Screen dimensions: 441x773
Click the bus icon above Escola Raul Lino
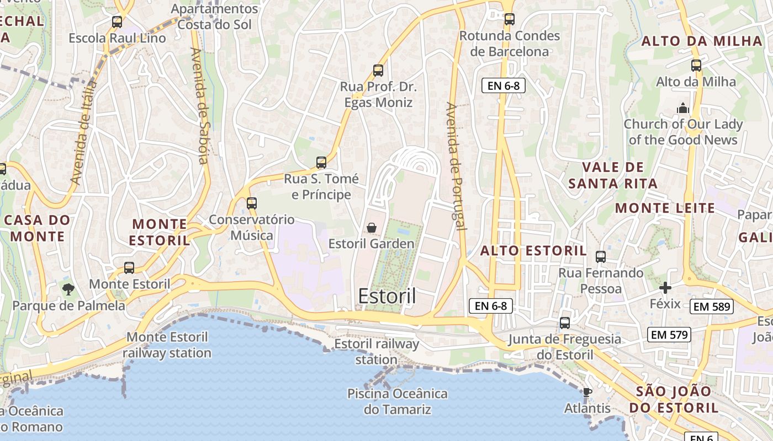(117, 22)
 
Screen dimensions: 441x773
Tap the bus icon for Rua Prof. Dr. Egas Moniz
(378, 71)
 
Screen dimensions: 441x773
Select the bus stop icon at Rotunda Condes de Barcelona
(510, 19)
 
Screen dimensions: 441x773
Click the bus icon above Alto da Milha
(696, 66)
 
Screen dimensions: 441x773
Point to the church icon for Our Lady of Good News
(683, 108)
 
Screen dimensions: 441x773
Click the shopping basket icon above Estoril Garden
(372, 228)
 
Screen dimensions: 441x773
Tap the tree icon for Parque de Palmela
(68, 289)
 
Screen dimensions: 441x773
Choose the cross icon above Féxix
(665, 288)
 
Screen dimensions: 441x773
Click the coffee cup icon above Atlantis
(587, 392)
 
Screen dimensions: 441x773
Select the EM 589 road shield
(712, 306)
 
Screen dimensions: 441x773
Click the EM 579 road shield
(669, 334)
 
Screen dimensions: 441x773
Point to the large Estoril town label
(387, 296)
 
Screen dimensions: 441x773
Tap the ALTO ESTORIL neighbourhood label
(533, 251)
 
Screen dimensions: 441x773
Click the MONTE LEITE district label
(665, 208)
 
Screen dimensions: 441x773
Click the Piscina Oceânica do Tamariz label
(397, 401)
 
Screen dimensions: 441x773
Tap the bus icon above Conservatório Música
(252, 203)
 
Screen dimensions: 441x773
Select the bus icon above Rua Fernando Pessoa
(601, 257)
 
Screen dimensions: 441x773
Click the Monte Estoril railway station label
(167, 345)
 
